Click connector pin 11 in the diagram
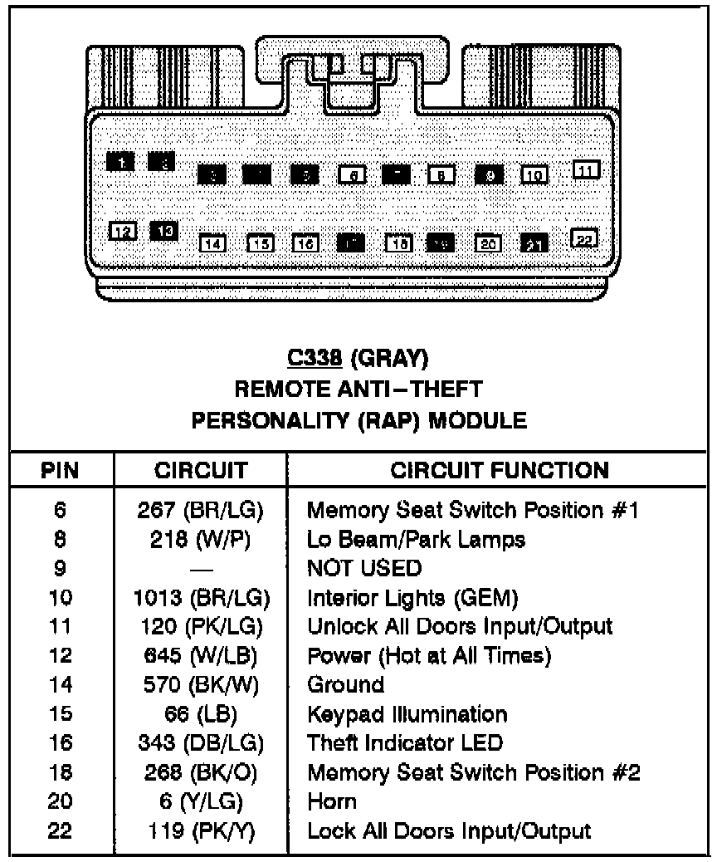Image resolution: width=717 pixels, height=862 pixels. [587, 170]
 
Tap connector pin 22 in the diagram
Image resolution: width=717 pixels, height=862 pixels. [586, 239]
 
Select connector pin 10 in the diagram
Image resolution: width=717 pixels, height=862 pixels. [534, 174]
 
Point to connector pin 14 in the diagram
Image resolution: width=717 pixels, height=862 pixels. [213, 243]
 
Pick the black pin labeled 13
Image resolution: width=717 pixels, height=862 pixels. [164, 230]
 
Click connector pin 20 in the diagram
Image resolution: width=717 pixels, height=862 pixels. [489, 243]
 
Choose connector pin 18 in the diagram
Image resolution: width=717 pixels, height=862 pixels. [399, 243]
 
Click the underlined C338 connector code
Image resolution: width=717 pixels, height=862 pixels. [314, 359]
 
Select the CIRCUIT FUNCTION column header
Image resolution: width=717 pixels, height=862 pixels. [500, 470]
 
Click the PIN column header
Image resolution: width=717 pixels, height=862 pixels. [60, 470]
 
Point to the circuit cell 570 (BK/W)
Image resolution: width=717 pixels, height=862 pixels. [202, 685]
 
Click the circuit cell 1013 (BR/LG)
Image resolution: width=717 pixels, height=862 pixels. [202, 597]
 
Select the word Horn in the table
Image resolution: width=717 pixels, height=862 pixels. [332, 801]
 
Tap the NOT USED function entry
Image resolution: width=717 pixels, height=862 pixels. [364, 568]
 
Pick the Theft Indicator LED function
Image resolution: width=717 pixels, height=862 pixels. [405, 742]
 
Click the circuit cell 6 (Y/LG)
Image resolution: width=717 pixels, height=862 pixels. [202, 801]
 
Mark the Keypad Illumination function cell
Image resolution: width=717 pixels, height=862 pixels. [407, 713]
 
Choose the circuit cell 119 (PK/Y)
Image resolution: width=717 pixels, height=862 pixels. [202, 830]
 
